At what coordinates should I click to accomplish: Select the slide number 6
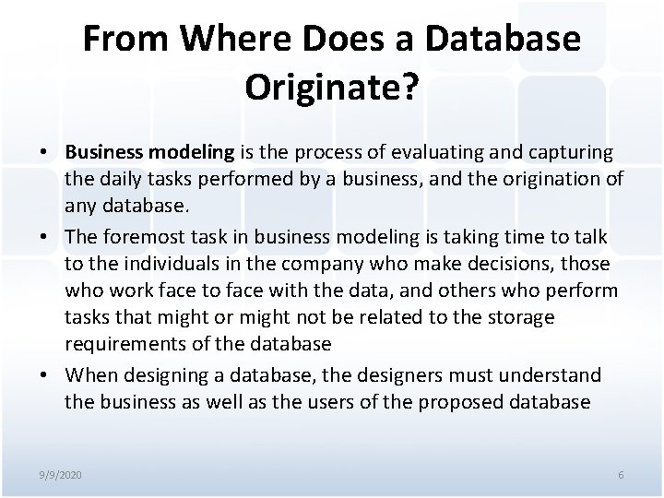(x=620, y=474)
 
